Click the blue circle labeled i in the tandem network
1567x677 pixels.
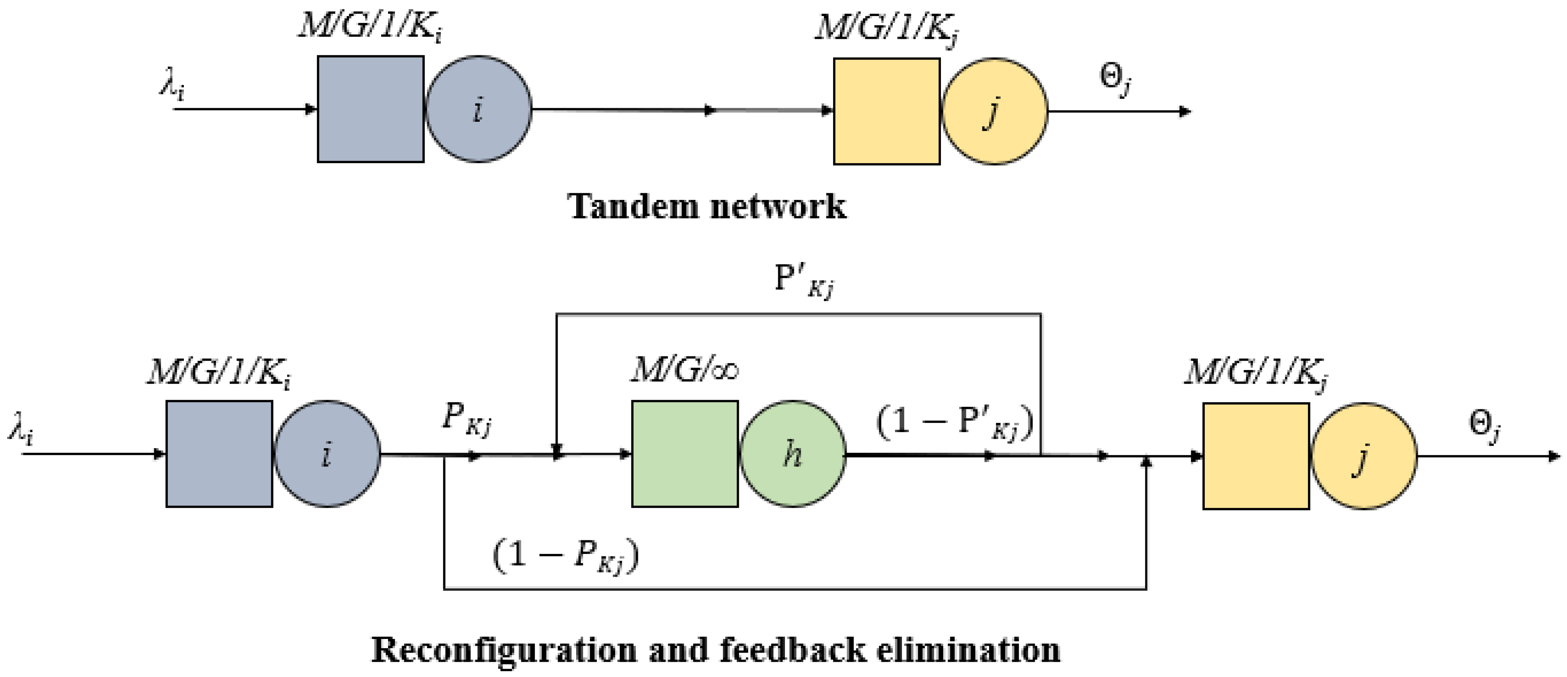[x=478, y=110]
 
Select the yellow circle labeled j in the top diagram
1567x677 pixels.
[x=994, y=111]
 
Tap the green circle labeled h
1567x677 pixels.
[x=793, y=454]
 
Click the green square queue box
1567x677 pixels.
[x=685, y=454]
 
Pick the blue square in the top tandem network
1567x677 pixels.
[x=370, y=110]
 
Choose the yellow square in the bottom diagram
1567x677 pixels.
[x=1255, y=456]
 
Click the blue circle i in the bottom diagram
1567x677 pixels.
[x=327, y=454]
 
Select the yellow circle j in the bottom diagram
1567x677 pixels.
[x=1363, y=456]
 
